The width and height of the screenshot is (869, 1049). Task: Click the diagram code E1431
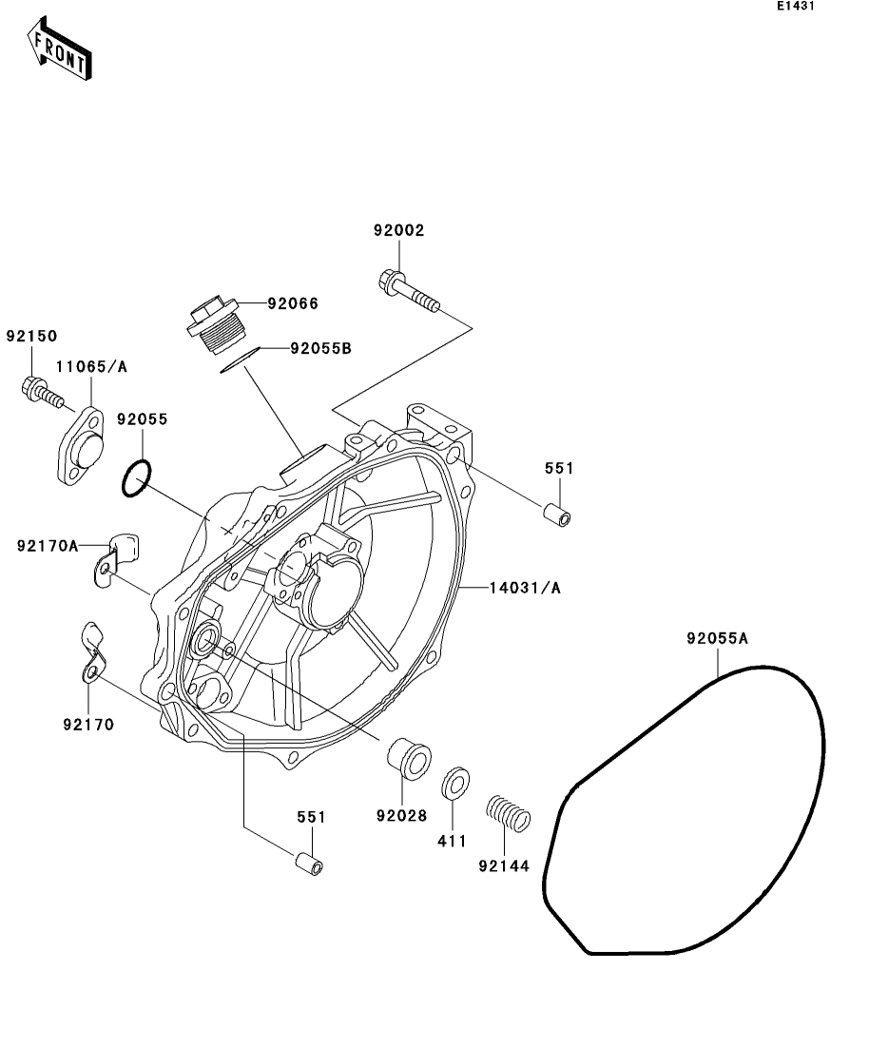pos(795,7)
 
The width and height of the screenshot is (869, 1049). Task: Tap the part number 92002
pos(398,230)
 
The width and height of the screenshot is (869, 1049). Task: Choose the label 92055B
pos(320,349)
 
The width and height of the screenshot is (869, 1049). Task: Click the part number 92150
pos(32,336)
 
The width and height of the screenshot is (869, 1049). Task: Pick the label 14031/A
pos(525,588)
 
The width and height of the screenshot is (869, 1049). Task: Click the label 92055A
pos(718,639)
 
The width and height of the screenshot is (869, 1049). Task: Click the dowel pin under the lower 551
pos(310,864)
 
